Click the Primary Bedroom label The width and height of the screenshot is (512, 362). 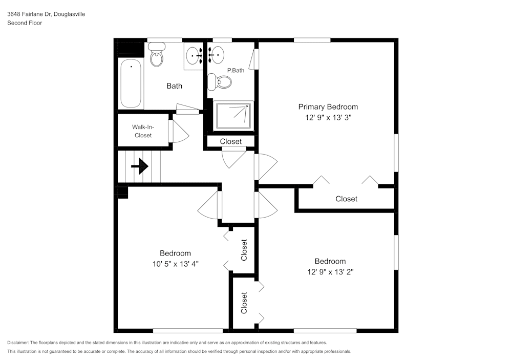pos(328,107)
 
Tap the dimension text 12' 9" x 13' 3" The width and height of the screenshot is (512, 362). pos(328,117)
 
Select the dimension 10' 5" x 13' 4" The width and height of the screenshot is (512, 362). pos(175,264)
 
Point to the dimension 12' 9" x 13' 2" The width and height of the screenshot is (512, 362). pos(330,272)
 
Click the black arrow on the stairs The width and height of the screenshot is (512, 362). pos(140,166)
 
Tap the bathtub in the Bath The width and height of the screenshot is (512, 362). pos(131,83)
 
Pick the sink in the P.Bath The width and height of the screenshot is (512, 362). pos(216,53)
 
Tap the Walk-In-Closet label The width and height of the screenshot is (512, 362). pos(143,131)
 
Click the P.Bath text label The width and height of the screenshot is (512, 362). pos(236,70)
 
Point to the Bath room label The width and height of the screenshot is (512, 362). pos(174,86)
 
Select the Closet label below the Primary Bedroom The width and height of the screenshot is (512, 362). pos(346,199)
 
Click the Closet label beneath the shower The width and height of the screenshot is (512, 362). pos(230,141)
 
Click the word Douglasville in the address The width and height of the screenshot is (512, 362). pos(68,14)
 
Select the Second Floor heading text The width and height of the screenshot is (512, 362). pos(25,23)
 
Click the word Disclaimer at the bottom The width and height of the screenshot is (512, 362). pos(18,343)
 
